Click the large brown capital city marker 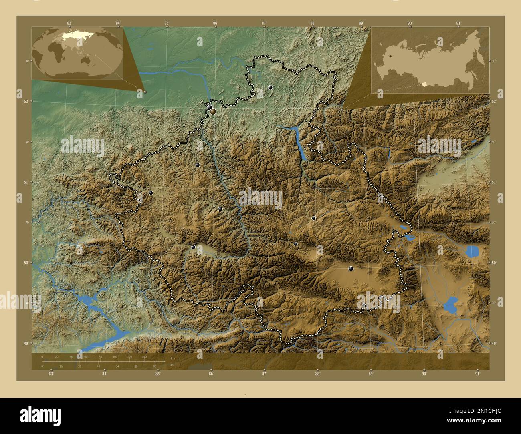click(x=213, y=111)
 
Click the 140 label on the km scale click(x=144, y=356)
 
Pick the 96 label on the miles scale click(x=154, y=366)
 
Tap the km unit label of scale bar click(x=173, y=358)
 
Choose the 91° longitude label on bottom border click(x=477, y=374)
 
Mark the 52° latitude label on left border click(x=25, y=101)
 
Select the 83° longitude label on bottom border click(x=51, y=374)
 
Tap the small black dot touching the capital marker click(x=209, y=107)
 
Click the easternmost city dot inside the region click(x=351, y=269)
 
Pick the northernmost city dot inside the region click(x=271, y=87)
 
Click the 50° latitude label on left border click(x=25, y=263)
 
